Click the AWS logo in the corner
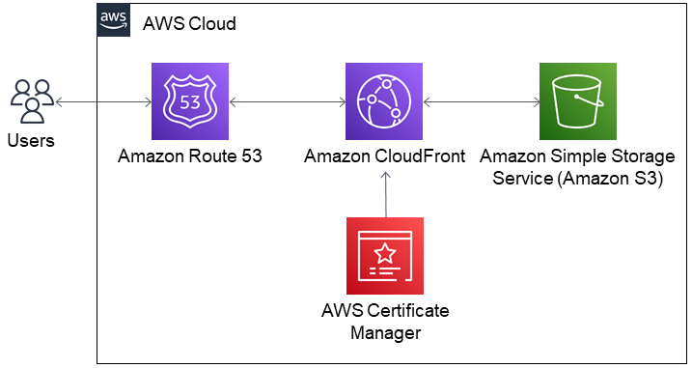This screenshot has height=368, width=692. click(114, 22)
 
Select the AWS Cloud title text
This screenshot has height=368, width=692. click(189, 24)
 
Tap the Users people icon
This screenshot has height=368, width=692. click(33, 101)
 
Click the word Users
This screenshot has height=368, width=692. click(31, 142)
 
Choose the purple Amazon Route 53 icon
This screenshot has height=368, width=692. click(189, 100)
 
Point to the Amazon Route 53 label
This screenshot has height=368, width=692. click(189, 156)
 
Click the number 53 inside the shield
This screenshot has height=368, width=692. click(189, 100)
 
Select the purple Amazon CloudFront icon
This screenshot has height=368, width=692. click(385, 100)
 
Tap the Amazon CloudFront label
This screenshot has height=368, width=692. click(385, 156)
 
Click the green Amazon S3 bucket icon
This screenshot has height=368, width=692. click(578, 100)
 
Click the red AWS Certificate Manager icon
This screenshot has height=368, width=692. click(385, 256)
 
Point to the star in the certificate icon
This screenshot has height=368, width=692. click(385, 253)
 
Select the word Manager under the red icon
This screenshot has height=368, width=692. click(385, 332)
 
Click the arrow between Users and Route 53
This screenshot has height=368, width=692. click(103, 100)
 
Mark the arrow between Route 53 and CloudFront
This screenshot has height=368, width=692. click(287, 100)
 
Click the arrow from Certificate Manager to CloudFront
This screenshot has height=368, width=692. click(385, 193)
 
